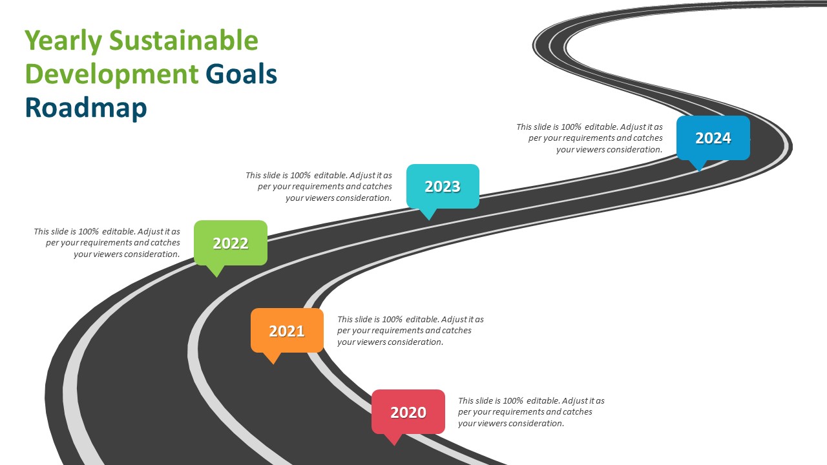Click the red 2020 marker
tap(408, 412)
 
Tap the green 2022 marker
tap(231, 243)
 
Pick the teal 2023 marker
tap(443, 187)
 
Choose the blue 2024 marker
tap(713, 138)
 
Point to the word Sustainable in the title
tap(183, 40)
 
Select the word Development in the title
tap(112, 74)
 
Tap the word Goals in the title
tap(241, 74)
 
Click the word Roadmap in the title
tap(86, 108)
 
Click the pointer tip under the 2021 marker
tap(273, 364)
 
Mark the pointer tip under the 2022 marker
tap(216, 277)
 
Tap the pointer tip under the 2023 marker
tap(428, 220)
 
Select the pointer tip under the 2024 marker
tap(699, 171)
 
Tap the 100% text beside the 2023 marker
tap(300, 175)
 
